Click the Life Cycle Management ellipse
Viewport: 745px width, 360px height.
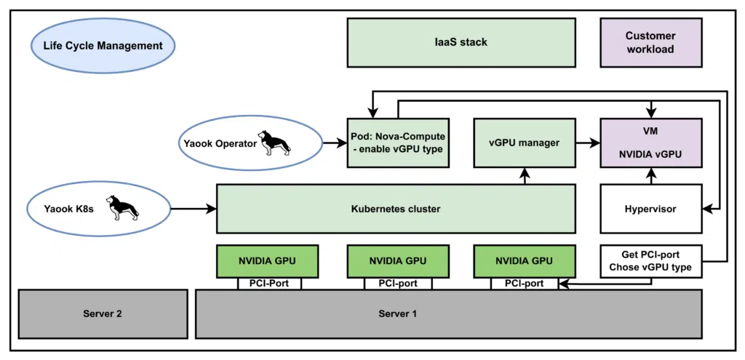click(103, 46)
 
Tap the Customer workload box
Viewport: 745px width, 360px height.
click(650, 42)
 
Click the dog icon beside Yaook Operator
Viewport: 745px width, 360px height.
click(276, 143)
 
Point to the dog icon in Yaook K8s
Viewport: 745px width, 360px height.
click(121, 207)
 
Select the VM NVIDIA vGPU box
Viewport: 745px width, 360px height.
click(650, 143)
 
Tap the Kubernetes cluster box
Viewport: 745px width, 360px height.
click(396, 209)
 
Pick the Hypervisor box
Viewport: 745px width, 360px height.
click(650, 209)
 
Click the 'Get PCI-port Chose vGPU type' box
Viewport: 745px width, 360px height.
click(650, 260)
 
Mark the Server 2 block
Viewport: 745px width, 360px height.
click(102, 313)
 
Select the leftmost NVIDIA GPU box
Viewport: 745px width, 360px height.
click(269, 260)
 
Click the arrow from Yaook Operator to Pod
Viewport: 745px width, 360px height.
click(334, 143)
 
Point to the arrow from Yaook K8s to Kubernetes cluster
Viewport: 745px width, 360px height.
click(194, 209)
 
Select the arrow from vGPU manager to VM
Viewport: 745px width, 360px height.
click(585, 143)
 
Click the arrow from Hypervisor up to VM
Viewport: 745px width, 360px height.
click(650, 175)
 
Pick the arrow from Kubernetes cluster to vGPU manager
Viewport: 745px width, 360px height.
click(524, 175)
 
